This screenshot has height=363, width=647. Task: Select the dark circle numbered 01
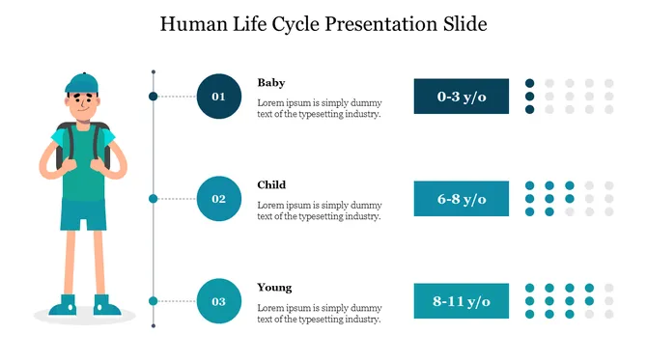point(219,97)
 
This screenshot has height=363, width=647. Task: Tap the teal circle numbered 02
point(219,199)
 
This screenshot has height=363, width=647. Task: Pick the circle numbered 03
point(219,301)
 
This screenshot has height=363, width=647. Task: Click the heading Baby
point(271,83)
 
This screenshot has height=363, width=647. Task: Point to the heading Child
point(271,184)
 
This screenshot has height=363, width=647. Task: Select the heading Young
point(274,288)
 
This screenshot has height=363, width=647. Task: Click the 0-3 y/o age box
point(462,97)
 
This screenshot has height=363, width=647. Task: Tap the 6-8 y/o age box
point(462,199)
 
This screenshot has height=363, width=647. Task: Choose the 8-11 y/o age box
point(462,301)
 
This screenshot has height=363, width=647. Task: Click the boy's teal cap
point(82,82)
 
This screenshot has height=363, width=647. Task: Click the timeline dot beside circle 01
point(153,97)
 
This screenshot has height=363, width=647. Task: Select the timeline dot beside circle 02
point(153,199)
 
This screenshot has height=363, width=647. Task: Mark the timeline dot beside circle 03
point(153,301)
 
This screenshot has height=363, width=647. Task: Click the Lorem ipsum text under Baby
point(319,108)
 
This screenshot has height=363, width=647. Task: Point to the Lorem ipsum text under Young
point(319,313)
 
